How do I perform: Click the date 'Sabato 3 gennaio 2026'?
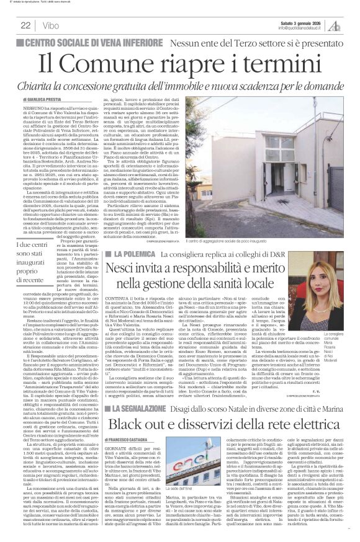297,22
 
